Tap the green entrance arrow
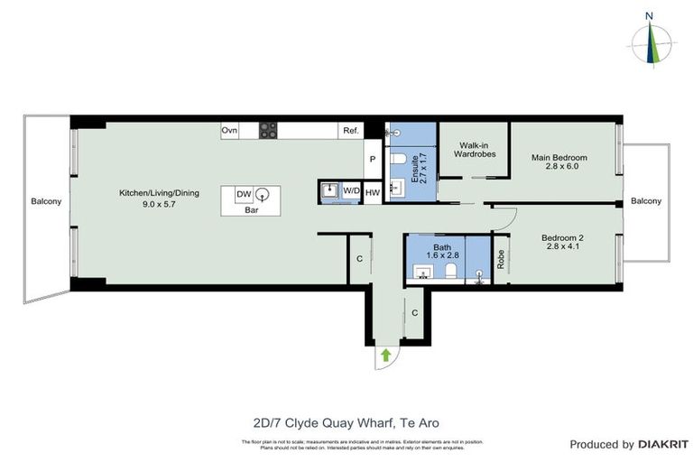tap(386, 355)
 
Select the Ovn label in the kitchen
tap(229, 131)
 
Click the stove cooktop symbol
tap(269, 131)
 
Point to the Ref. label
tap(351, 131)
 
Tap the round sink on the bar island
tap(263, 193)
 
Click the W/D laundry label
tap(351, 191)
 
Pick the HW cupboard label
tap(373, 191)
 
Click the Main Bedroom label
tap(554, 158)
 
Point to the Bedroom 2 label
tap(564, 238)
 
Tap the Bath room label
tap(441, 246)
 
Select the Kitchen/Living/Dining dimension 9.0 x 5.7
tap(160, 204)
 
